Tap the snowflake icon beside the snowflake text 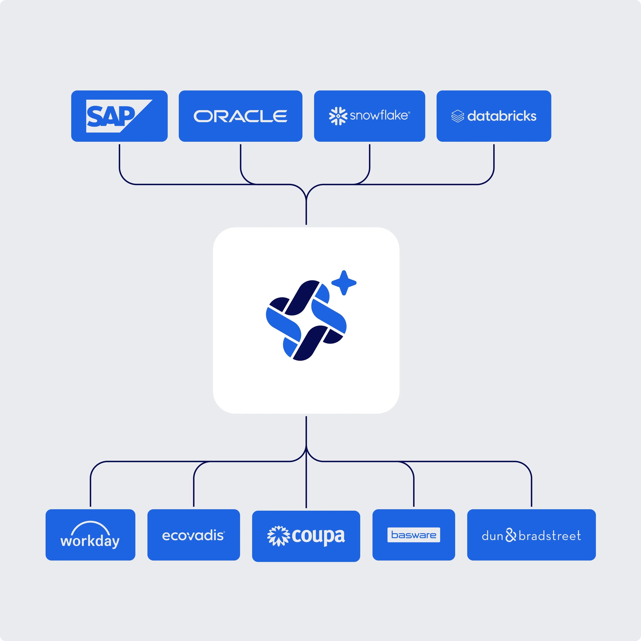338,116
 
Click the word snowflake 379,115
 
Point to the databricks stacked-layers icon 458,116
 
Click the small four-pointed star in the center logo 344,283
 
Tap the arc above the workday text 90,528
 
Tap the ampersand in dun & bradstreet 511,535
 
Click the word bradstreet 550,536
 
